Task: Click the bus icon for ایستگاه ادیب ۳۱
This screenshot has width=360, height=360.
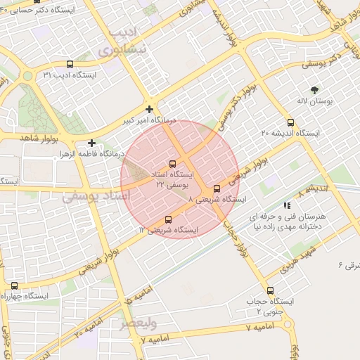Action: pyautogui.click(x=69, y=64)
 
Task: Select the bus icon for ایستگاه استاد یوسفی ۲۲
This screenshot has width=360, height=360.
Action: pyautogui.click(x=173, y=164)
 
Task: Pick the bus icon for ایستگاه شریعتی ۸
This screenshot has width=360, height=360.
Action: pyautogui.click(x=217, y=188)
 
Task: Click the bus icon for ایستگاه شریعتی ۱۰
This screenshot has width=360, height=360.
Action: pyautogui.click(x=167, y=219)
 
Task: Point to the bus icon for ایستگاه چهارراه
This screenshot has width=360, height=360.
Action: pyautogui.click(x=15, y=285)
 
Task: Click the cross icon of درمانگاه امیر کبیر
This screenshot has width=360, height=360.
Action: pyautogui.click(x=149, y=109)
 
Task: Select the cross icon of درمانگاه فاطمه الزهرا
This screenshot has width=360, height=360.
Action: pyautogui.click(x=92, y=143)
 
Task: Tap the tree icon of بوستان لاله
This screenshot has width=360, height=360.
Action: pyautogui.click(x=314, y=90)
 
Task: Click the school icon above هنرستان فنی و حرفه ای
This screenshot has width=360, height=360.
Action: pyautogui.click(x=287, y=206)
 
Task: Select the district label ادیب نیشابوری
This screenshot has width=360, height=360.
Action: pyautogui.click(x=127, y=42)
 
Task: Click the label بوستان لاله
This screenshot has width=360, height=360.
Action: pyautogui.click(x=314, y=102)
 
